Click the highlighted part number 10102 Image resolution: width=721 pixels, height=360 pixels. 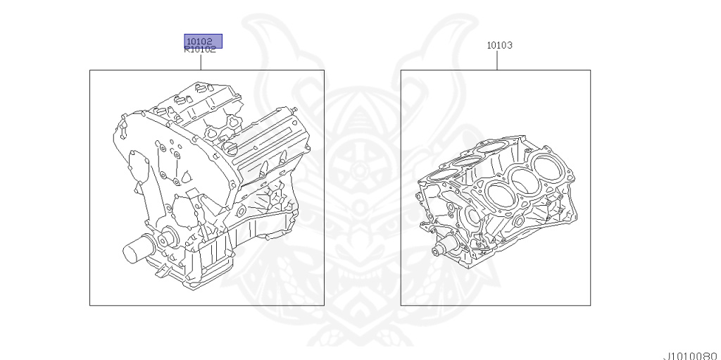pyautogui.click(x=199, y=41)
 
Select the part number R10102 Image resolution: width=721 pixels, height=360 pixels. pyautogui.click(x=200, y=50)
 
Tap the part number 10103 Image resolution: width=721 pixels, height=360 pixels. pyautogui.click(x=499, y=45)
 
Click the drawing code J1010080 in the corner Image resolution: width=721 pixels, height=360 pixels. pyautogui.click(x=691, y=356)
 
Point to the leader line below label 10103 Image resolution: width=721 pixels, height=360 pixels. pyautogui.click(x=497, y=60)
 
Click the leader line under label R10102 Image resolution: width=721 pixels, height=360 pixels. pyautogui.click(x=201, y=62)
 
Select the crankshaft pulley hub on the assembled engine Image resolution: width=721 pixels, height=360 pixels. pyautogui.click(x=167, y=238)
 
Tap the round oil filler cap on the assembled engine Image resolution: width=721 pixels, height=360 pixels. pyautogui.click(x=231, y=148)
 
